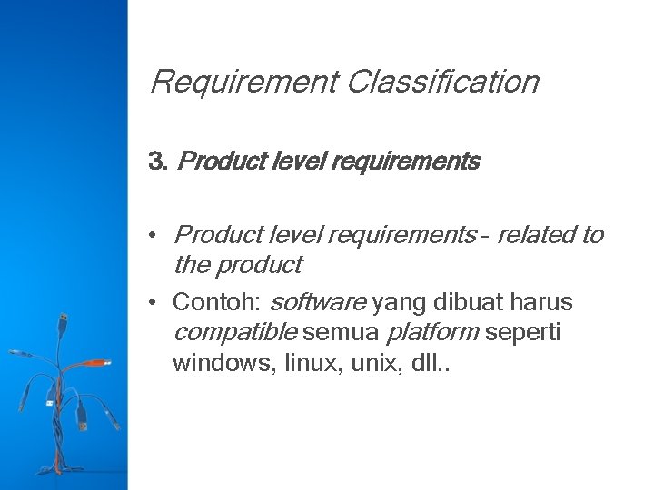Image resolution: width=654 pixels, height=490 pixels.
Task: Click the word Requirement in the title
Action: point(243,83)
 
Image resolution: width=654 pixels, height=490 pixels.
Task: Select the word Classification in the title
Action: point(442,83)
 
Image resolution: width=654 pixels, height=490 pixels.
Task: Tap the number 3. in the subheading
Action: point(158,162)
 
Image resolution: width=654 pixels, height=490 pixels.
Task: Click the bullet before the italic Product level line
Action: point(157,236)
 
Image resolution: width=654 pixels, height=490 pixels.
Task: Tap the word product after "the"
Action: point(257,265)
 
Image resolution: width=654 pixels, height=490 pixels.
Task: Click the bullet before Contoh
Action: point(157,300)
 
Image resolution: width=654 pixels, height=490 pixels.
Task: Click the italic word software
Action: point(319,300)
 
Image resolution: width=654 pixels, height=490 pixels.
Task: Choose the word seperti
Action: point(523,333)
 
